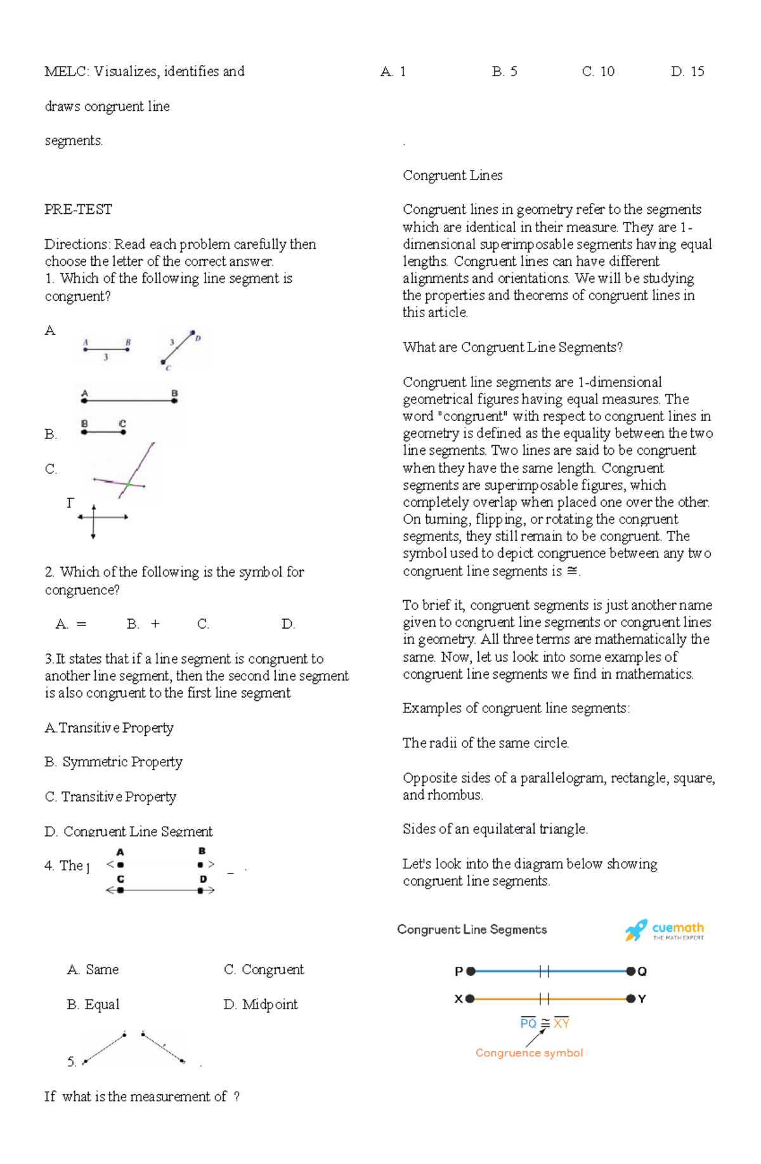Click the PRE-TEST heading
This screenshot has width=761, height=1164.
(x=78, y=210)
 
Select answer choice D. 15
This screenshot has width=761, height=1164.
(x=687, y=72)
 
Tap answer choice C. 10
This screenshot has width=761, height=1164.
(x=598, y=72)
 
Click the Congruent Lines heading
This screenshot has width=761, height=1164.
(x=452, y=176)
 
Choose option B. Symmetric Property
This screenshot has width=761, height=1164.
(x=114, y=762)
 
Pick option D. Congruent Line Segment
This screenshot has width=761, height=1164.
(x=128, y=832)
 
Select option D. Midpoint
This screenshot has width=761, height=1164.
(x=260, y=1005)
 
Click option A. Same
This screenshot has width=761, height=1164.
(x=93, y=970)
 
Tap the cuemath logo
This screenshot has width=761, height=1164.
(x=664, y=931)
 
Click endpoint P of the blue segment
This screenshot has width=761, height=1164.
(x=471, y=971)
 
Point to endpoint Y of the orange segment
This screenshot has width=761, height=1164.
(x=631, y=999)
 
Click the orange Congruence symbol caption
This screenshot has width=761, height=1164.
(x=529, y=1053)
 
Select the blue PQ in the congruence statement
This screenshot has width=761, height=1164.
(x=528, y=1024)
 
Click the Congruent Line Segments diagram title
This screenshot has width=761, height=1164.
(x=472, y=930)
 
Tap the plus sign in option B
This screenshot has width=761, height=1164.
(x=155, y=625)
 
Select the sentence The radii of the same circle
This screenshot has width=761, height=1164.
(x=485, y=743)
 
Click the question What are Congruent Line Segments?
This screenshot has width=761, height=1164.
(x=512, y=348)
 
